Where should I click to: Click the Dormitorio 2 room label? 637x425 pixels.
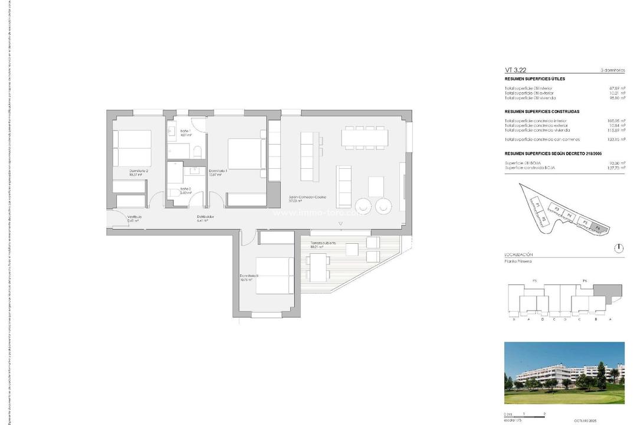(x=139, y=171)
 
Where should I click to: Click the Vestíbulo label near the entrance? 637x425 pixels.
(x=135, y=217)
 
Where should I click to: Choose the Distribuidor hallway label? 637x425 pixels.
(x=205, y=217)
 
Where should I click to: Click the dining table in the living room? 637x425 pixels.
(x=366, y=136)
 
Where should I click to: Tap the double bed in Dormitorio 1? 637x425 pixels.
(x=244, y=153)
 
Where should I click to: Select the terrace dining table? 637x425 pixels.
(x=320, y=267)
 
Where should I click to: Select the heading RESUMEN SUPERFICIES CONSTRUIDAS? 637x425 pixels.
(x=542, y=111)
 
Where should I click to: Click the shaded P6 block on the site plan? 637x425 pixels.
(x=598, y=227)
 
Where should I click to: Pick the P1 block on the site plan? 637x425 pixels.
(x=539, y=204)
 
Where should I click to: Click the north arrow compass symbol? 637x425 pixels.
(x=618, y=248)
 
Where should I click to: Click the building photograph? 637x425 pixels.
(x=564, y=373)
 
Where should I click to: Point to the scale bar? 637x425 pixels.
(x=525, y=414)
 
